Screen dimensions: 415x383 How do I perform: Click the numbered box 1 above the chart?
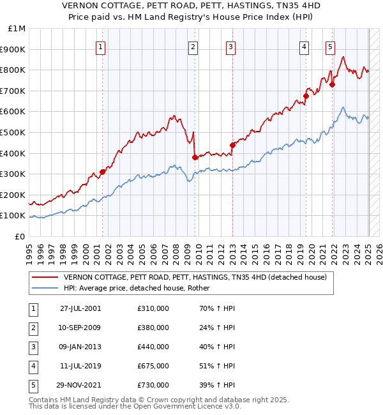coord(102,46)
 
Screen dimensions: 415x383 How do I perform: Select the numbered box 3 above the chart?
coord(230,46)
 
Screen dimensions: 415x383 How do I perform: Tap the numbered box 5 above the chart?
coord(330,46)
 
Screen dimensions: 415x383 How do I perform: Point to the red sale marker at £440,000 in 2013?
coord(232,145)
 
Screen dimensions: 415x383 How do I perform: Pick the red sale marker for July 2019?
coord(306,96)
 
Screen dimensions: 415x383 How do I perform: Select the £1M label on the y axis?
coord(17,29)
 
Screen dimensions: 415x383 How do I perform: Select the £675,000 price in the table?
coord(153,366)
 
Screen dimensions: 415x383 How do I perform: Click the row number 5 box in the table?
coord(31,385)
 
